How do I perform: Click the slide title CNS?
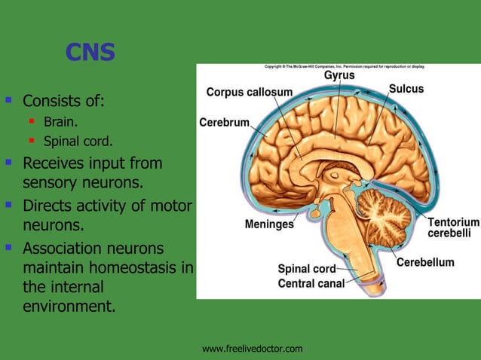click(90, 52)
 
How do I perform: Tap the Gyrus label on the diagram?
click(339, 75)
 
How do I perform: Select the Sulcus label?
click(406, 89)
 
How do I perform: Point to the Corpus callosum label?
click(249, 92)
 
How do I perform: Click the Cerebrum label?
click(224, 122)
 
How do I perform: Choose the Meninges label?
click(269, 224)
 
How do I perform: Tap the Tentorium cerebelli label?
click(453, 227)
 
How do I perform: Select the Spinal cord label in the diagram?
click(306, 268)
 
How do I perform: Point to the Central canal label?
click(311, 283)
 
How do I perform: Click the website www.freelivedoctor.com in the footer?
click(253, 348)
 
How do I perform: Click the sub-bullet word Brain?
click(60, 121)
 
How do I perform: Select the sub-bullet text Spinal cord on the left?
click(78, 140)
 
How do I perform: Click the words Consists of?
click(63, 100)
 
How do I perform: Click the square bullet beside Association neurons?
click(9, 246)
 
